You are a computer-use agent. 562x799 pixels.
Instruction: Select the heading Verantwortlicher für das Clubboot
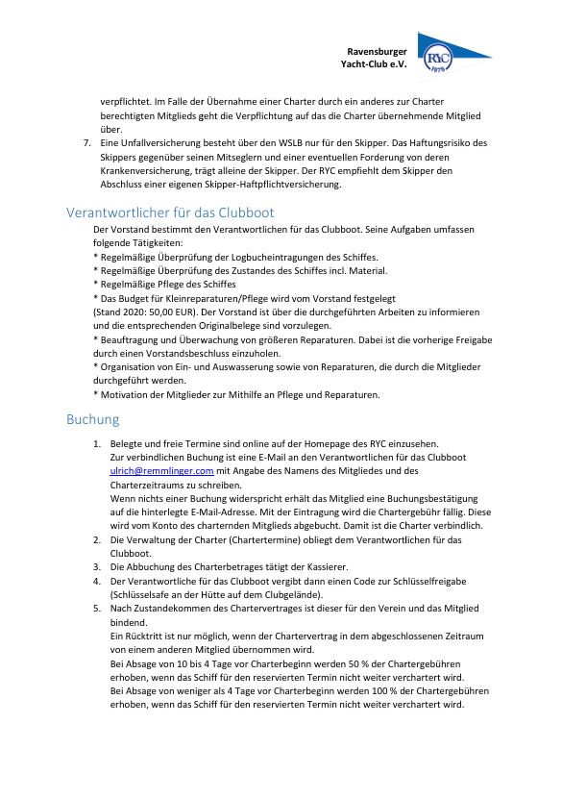tap(170, 212)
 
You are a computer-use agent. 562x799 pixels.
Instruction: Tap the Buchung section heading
tap(93, 419)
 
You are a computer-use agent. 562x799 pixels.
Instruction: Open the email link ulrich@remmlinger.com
tap(161, 471)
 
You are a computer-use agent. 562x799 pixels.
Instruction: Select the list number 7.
tap(87, 143)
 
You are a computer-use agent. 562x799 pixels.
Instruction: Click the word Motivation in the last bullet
tap(125, 394)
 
